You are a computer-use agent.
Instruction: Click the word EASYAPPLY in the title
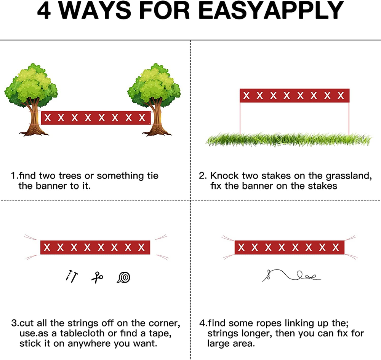coord(271,11)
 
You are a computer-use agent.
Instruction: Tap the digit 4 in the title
coord(44,11)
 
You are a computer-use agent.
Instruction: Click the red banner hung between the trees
coord(96,118)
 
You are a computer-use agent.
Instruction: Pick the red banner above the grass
coord(295,96)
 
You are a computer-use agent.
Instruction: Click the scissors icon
coord(97,277)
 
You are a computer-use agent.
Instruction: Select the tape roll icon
coord(124,277)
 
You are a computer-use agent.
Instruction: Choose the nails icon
coord(72,277)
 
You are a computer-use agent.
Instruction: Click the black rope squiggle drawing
coord(291,276)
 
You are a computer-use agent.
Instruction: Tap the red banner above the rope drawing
coord(290,247)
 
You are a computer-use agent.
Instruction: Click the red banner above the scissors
coord(95,247)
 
